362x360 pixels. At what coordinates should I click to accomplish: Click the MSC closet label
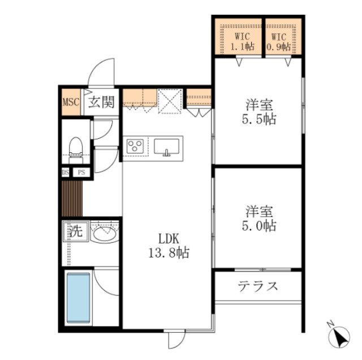pos(71,102)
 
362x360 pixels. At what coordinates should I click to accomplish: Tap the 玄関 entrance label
pos(102,102)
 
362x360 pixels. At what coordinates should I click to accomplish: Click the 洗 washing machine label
pos(75,232)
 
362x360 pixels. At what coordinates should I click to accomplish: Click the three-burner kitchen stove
pos(136,147)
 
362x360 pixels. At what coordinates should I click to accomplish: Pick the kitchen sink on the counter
pos(166,147)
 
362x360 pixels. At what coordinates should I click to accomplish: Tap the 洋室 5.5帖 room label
pos(260,113)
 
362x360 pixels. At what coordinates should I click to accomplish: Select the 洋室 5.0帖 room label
pos(260,218)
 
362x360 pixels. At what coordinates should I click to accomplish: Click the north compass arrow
pos(339,338)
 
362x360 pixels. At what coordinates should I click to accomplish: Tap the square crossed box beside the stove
pos(168,102)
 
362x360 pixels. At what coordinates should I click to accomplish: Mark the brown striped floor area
pos(72,198)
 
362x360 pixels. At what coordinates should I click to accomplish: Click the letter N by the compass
pos(331,324)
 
